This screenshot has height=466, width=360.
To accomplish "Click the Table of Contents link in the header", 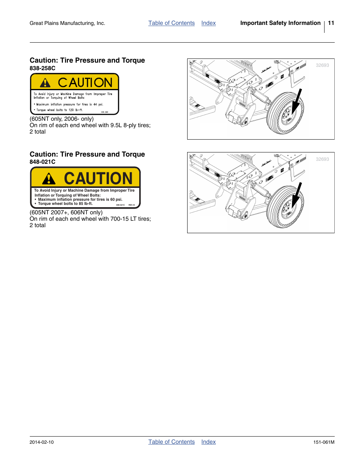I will (x=171, y=23).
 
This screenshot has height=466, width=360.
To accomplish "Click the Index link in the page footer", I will (x=208, y=442).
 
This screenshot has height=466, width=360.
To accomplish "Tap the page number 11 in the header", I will (x=331, y=23).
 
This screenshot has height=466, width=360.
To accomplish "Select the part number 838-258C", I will (x=42, y=68).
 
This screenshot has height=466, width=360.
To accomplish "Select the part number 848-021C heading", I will (x=42, y=162).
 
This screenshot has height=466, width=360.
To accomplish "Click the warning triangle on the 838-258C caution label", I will (x=45, y=83).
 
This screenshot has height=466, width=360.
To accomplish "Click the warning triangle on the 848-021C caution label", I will (x=49, y=178).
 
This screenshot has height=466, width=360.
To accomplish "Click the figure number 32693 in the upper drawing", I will (x=322, y=65).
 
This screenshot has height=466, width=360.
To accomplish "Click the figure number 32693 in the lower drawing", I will (x=322, y=159).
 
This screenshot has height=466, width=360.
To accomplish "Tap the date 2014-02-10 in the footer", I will (x=42, y=442).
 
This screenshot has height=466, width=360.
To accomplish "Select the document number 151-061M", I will (x=324, y=442).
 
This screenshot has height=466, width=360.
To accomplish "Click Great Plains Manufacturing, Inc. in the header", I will (x=67, y=23).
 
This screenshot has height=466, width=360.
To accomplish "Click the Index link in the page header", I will (x=208, y=23).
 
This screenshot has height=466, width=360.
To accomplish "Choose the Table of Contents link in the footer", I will (x=171, y=442).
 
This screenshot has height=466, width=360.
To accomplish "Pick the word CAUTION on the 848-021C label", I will (x=98, y=178).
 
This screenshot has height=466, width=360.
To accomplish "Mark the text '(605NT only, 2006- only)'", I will (x=62, y=119).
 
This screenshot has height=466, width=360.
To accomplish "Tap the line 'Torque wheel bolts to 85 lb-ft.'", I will (x=65, y=204).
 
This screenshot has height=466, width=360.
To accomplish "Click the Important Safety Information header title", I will (x=280, y=23).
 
